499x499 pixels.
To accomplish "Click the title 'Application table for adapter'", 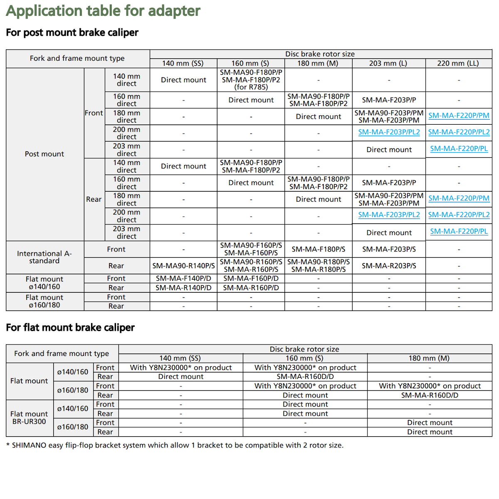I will pyautogui.click(x=103, y=11).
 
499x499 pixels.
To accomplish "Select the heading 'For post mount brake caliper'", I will pyautogui.click(x=72, y=32).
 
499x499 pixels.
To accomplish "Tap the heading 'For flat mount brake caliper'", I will pyautogui.click(x=70, y=328).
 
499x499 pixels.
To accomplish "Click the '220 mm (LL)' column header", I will pyautogui.click(x=458, y=63).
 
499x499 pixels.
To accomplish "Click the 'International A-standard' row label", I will pyautogui.click(x=44, y=257).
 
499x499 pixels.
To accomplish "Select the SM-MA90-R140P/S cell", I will pyautogui.click(x=183, y=266).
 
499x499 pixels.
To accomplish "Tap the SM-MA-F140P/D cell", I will pyautogui.click(x=183, y=278).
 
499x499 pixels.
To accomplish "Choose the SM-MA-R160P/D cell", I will pyautogui.click(x=251, y=288).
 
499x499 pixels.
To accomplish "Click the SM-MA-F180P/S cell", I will pyautogui.click(x=318, y=249).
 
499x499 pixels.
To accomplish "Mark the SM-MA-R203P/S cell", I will pyautogui.click(x=389, y=266).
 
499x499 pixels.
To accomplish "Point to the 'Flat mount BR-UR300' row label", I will pyautogui.click(x=29, y=417).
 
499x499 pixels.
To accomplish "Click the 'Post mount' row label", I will pyautogui.click(x=44, y=154).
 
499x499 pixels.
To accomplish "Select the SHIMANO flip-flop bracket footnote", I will pyautogui.click(x=175, y=445).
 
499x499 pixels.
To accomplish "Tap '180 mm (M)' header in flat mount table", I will pyautogui.click(x=429, y=358).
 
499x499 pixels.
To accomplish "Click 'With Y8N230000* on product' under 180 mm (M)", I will pyautogui.click(x=430, y=386).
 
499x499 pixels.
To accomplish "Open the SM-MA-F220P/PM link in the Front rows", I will pyautogui.click(x=459, y=116).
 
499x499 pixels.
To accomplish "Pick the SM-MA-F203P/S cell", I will pyautogui.click(x=389, y=249).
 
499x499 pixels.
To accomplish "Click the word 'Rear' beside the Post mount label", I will pyautogui.click(x=94, y=199).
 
